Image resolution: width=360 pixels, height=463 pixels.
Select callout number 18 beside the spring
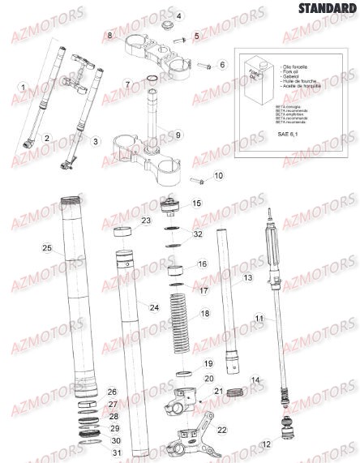click(x=204, y=313)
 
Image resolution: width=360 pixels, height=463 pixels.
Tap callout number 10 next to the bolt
click(x=218, y=175)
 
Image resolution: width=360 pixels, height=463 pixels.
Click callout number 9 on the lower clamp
click(x=179, y=134)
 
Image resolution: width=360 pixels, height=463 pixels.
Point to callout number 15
click(x=195, y=204)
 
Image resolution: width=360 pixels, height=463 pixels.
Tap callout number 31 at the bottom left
click(x=116, y=452)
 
